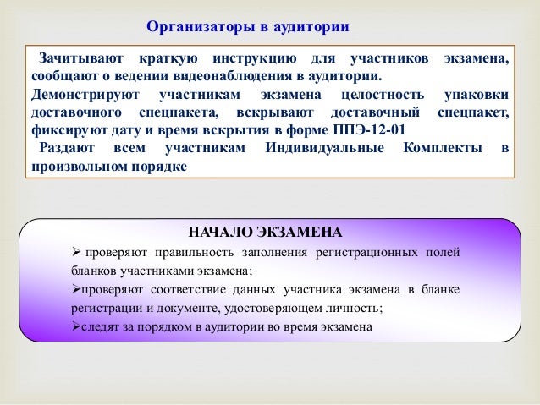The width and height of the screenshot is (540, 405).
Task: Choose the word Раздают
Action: point(69,149)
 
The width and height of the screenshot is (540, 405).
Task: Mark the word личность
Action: point(359,308)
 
